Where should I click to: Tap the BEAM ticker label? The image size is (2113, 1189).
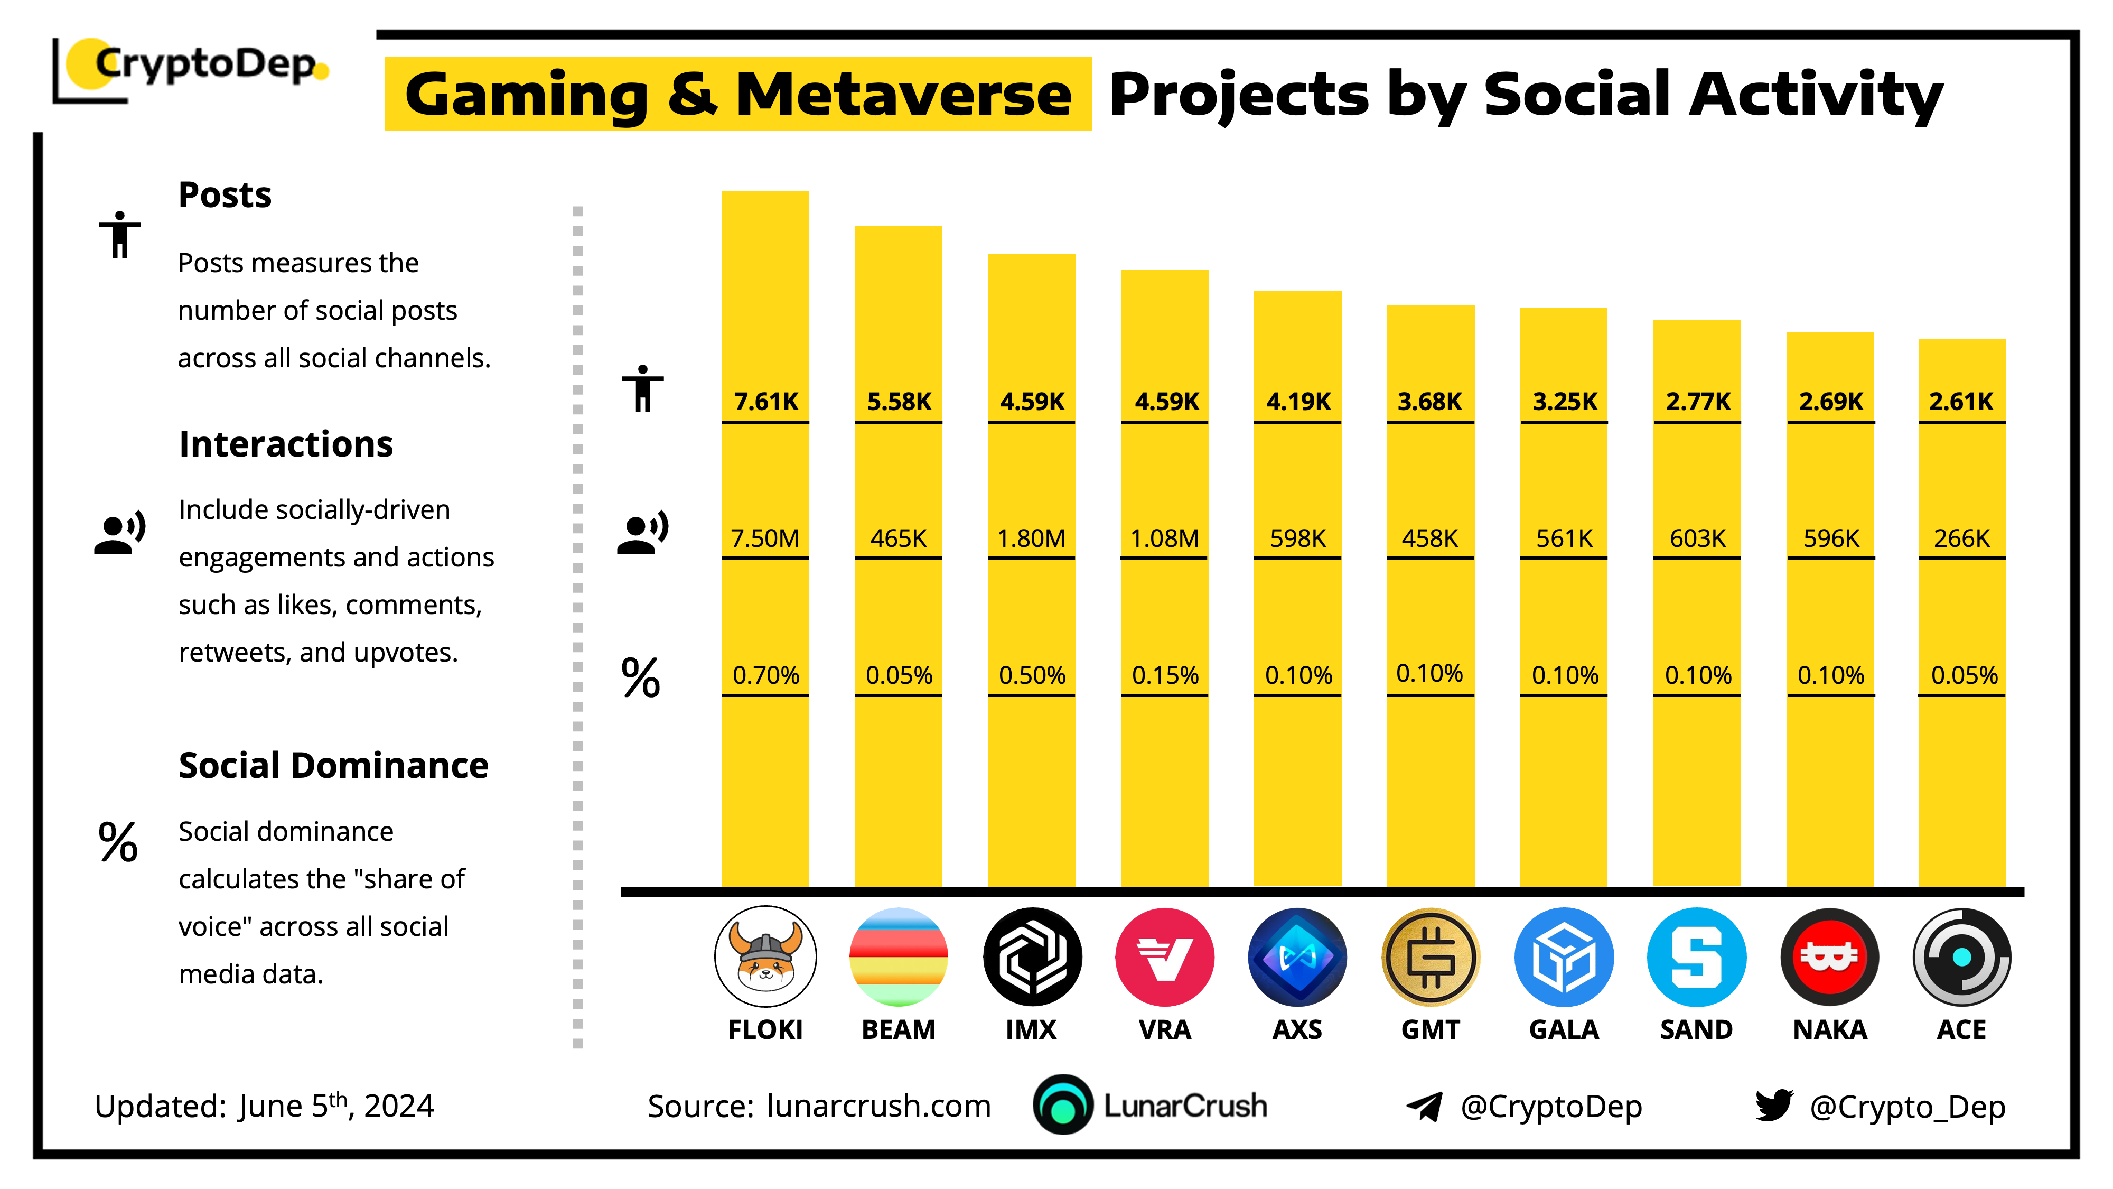click(x=898, y=1030)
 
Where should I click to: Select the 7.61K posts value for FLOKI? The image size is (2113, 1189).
click(x=765, y=401)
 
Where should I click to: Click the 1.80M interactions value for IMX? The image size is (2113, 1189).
click(x=1031, y=538)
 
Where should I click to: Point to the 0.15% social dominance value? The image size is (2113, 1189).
click(x=1165, y=675)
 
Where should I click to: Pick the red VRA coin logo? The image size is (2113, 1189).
click(x=1165, y=957)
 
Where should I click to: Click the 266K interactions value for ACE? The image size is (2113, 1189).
click(x=1961, y=538)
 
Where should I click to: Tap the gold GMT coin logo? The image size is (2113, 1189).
click(x=1431, y=957)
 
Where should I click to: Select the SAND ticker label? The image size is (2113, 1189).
click(x=1696, y=1030)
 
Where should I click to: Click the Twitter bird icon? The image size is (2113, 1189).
click(x=1773, y=1106)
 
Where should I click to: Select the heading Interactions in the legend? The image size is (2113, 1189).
click(x=285, y=444)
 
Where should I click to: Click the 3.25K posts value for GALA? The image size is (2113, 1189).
click(x=1564, y=401)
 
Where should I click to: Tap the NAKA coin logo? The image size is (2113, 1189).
click(x=1829, y=957)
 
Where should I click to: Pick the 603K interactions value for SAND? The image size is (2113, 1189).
click(x=1697, y=538)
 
